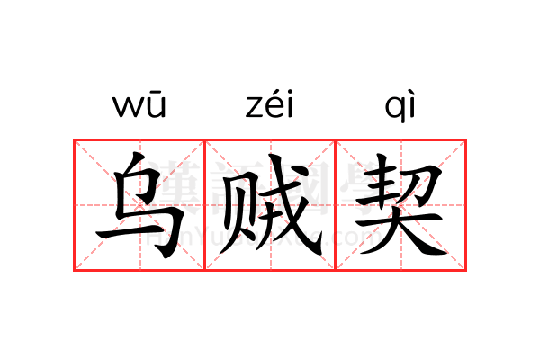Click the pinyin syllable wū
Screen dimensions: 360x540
(x=139, y=107)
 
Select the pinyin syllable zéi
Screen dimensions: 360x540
(x=270, y=105)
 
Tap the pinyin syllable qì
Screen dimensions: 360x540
(x=400, y=107)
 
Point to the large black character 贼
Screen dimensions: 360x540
(x=270, y=205)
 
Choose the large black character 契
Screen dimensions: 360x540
(x=400, y=205)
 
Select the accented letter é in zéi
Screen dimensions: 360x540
(x=271, y=105)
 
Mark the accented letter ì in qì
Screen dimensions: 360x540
(x=410, y=105)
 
